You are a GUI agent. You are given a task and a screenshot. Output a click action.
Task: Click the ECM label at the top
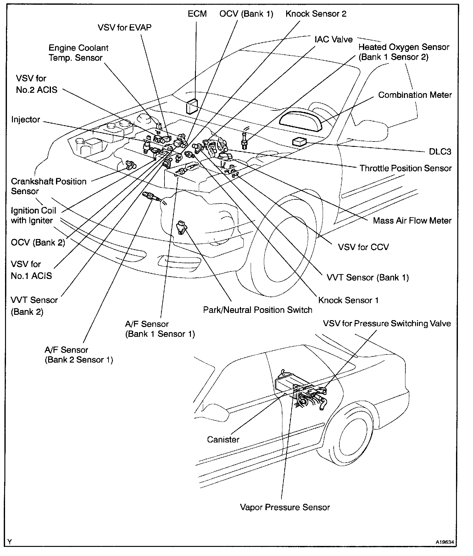pos(197,14)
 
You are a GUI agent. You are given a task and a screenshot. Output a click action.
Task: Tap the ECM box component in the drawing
pos(192,106)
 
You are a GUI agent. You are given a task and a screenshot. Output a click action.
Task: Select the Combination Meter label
pos(415,95)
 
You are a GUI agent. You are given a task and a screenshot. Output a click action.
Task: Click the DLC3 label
pos(440,152)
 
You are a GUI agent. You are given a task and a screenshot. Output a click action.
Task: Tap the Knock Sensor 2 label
pos(316,14)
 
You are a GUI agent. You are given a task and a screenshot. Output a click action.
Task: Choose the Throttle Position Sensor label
pos(405,168)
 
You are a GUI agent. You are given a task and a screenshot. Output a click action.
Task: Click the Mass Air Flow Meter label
pos(412,220)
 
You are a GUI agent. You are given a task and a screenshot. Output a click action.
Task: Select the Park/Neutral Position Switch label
pos(258,310)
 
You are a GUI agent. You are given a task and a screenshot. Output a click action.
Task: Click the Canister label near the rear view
pos(223,439)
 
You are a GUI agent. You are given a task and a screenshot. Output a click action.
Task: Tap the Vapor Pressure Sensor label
pos(285,507)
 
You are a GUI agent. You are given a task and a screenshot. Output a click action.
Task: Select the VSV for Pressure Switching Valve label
pos(387,324)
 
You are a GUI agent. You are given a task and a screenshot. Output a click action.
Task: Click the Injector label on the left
pos(26,120)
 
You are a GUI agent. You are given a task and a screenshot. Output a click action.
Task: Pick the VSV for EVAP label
pos(125,28)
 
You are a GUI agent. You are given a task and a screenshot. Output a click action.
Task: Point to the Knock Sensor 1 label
pos(348,300)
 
